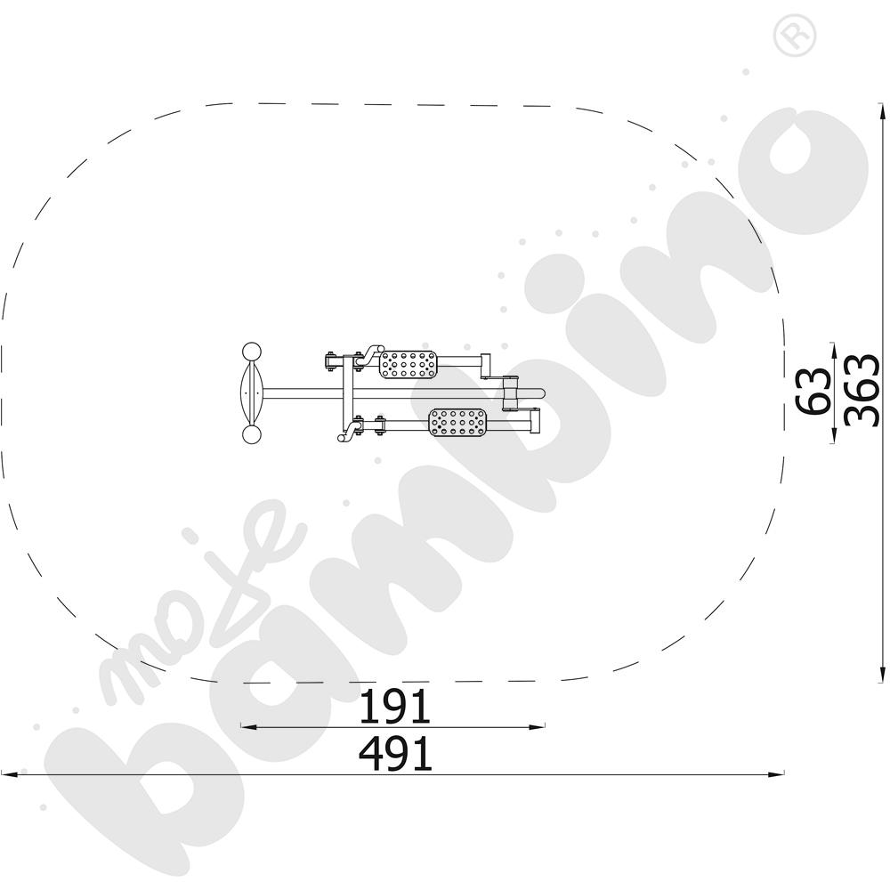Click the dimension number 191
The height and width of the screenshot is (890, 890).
pos(395,706)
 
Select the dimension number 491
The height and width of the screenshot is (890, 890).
pos(395,754)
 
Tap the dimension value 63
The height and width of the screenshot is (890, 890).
pos(812,391)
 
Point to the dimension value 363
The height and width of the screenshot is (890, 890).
pos(861,391)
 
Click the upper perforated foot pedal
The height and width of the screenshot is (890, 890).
pos(408,364)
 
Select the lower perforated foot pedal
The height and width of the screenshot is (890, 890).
pos(457,422)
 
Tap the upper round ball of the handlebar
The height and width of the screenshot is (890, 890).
pos(252,352)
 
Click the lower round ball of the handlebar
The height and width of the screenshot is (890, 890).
pos(252,435)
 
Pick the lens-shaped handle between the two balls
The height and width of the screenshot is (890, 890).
pos(251,393)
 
